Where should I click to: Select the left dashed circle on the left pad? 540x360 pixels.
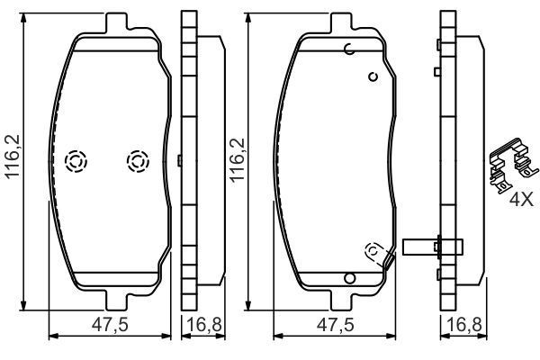click(76, 161)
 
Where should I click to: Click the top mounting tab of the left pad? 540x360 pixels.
click(114, 22)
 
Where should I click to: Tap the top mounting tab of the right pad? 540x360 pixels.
click(345, 22)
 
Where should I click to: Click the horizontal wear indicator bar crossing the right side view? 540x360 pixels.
click(433, 245)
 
